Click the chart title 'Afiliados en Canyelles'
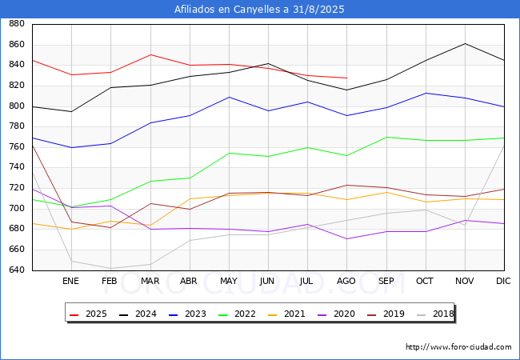pyautogui.click(x=260, y=9)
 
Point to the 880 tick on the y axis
pyautogui.click(x=16, y=24)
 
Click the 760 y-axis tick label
pyautogui.click(x=16, y=147)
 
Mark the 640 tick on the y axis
pyautogui.click(x=16, y=270)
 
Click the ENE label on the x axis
pyautogui.click(x=71, y=282)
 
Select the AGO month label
pyautogui.click(x=346, y=282)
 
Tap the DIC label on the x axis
pyautogui.click(x=503, y=282)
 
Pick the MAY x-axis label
pyautogui.click(x=228, y=282)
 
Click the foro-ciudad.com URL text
pyautogui.click(x=458, y=347)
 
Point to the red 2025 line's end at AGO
pyautogui.click(x=346, y=78)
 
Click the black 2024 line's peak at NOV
pyautogui.click(x=465, y=43)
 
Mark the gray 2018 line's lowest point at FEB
pyautogui.click(x=110, y=268)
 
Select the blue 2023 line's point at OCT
pyautogui.click(x=426, y=93)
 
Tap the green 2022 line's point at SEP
pyautogui.click(x=386, y=137)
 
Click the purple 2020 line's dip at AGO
pyautogui.click(x=346, y=238)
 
